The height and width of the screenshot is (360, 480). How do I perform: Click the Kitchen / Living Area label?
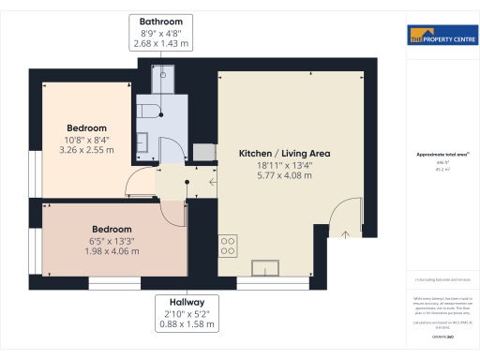point(285,153)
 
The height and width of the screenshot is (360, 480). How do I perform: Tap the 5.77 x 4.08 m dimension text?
point(285,174)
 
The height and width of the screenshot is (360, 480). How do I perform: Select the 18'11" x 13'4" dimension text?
point(285,164)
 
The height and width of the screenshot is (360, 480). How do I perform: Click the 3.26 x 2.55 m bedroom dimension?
point(86,149)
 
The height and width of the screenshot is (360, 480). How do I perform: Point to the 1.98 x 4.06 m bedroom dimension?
point(112,250)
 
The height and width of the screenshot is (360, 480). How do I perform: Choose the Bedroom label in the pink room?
point(112,229)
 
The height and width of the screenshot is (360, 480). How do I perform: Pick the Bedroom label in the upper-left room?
point(86,127)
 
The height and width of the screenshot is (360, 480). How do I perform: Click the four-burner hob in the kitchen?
point(227,247)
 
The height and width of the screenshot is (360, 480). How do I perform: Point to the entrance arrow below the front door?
point(346,234)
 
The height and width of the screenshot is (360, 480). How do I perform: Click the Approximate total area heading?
point(441,155)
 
